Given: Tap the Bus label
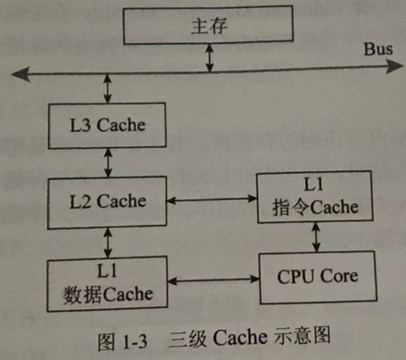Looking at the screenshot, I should point(378,50).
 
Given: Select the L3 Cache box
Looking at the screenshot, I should point(107,125).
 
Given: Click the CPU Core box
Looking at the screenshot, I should point(317,276).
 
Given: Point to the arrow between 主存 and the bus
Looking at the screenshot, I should point(209,59).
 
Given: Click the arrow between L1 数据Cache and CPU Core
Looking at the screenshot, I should point(214,280).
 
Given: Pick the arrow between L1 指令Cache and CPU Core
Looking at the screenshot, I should point(315,238).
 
